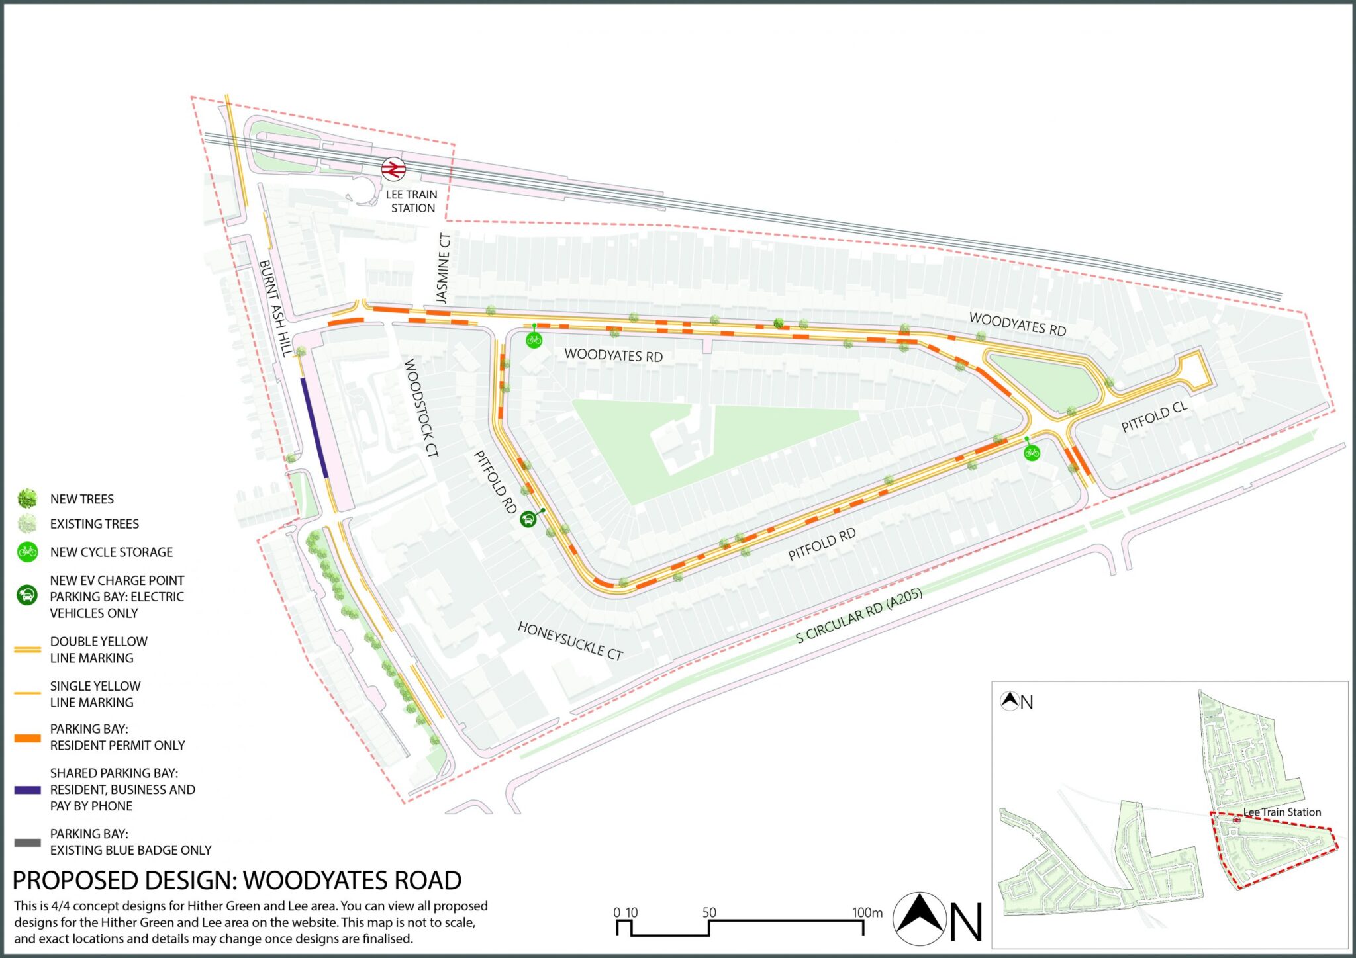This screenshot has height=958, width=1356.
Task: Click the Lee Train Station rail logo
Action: point(393,169)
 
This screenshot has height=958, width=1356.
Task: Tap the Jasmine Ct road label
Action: point(443,268)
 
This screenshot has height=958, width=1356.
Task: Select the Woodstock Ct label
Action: point(421,408)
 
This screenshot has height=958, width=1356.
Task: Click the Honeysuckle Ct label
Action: point(570,640)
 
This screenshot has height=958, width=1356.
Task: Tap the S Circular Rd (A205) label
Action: point(859,615)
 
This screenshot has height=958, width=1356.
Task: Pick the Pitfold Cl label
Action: point(1154,417)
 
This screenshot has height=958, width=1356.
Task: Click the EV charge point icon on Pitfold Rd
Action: point(528,519)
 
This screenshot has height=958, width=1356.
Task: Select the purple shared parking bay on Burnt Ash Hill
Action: point(315,427)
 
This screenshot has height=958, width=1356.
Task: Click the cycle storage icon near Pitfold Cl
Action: point(1032,453)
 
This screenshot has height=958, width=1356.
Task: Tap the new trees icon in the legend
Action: point(27,498)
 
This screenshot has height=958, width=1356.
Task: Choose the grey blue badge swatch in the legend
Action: point(27,842)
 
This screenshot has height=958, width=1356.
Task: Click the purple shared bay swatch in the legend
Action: point(27,789)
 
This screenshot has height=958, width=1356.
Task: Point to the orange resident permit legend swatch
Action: point(27,738)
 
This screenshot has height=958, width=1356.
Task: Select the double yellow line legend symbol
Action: point(27,650)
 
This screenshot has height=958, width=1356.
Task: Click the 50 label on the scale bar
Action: point(709,912)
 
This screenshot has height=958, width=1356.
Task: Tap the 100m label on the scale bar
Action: point(867,912)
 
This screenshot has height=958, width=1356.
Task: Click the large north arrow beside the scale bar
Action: point(920,919)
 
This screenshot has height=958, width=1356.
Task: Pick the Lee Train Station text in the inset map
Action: point(1282,812)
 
